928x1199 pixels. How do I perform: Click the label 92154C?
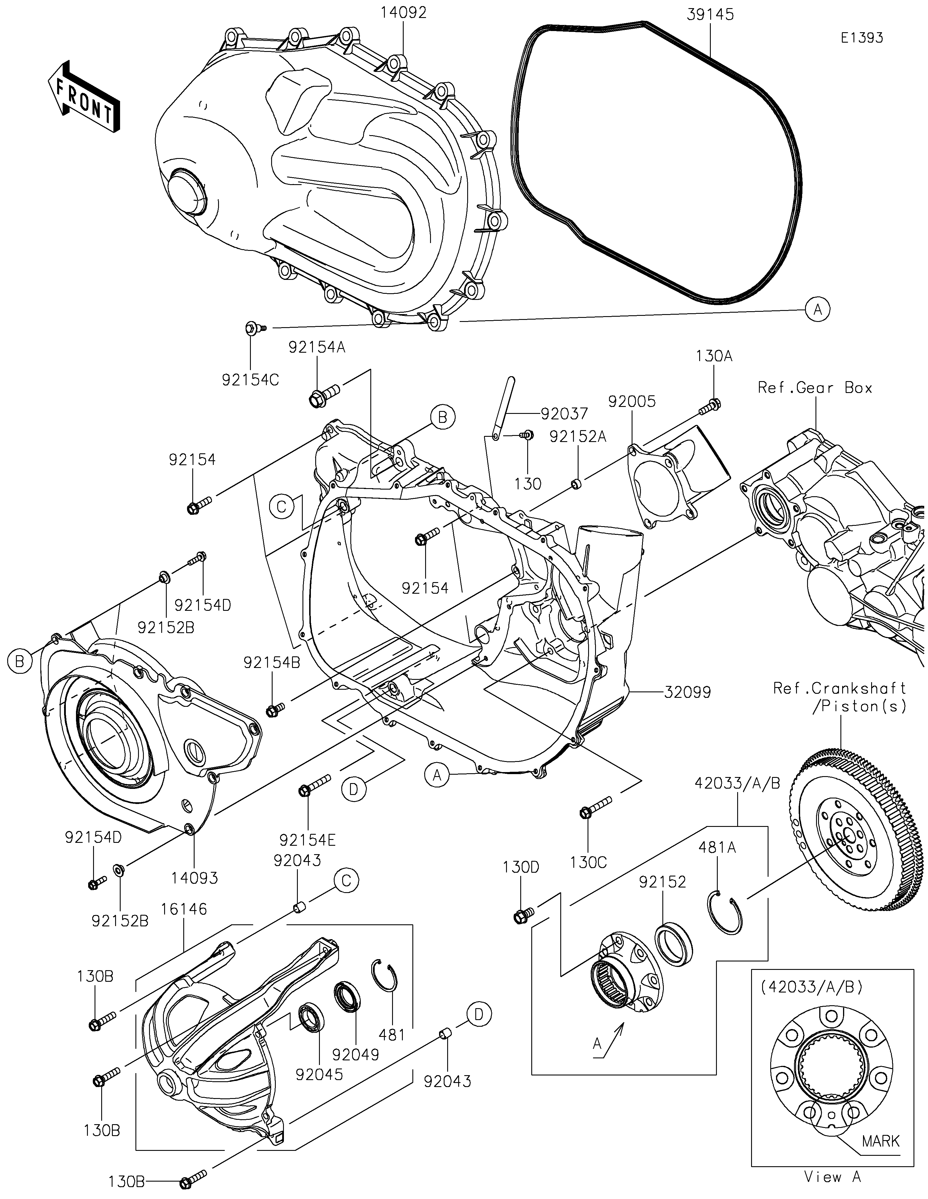point(250,380)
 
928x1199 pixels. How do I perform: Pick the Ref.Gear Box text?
point(815,387)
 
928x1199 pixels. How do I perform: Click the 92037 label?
point(564,413)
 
